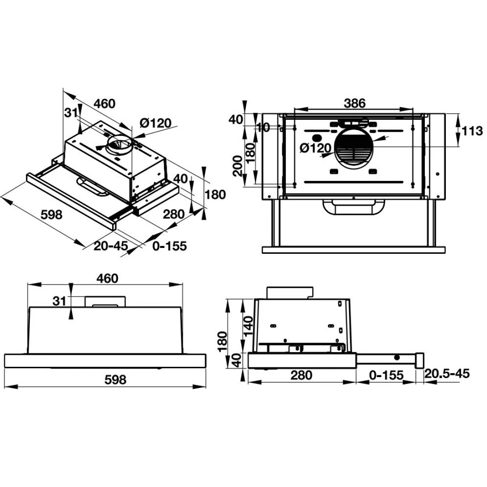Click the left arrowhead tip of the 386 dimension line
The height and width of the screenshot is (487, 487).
[x=294, y=109]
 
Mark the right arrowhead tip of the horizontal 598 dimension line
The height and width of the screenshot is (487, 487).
[x=206, y=386]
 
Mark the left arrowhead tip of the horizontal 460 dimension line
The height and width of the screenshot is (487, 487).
[x=28, y=285]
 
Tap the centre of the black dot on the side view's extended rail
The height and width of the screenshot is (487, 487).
[x=397, y=357]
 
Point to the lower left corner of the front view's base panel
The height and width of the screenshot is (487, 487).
[x=4, y=368]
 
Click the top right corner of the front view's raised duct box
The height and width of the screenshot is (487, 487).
[x=126, y=296]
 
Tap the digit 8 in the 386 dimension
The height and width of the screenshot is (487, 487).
[x=355, y=103]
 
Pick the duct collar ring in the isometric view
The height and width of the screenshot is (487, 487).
[x=119, y=145]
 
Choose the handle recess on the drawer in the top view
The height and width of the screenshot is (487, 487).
[x=353, y=207]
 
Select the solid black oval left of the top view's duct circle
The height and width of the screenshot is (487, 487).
[x=316, y=138]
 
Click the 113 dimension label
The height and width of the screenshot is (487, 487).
[x=472, y=131]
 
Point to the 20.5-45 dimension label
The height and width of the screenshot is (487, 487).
[x=447, y=374]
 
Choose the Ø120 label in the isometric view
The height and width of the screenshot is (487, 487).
[x=155, y=123]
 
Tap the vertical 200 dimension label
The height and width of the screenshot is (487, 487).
[x=238, y=166]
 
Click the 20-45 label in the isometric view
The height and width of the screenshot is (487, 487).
[x=111, y=246]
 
